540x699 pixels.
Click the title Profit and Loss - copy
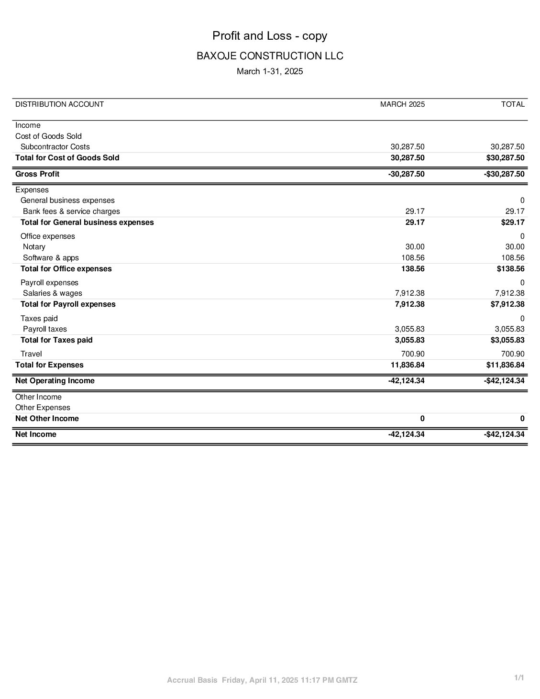[x=270, y=36]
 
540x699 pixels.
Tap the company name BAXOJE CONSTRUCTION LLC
[x=270, y=56]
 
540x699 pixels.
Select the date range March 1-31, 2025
[x=270, y=71]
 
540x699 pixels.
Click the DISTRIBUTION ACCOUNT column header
[x=59, y=104]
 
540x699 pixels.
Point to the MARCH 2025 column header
[x=402, y=104]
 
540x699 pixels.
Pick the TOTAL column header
[x=513, y=104]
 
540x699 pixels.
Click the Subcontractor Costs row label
[x=55, y=147]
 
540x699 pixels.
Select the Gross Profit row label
[x=37, y=174]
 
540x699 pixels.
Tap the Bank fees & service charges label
[x=71, y=211]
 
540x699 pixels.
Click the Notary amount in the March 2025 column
[x=415, y=247]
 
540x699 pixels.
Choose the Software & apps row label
[x=51, y=258]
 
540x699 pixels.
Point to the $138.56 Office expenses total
[x=510, y=269]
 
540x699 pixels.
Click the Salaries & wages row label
[x=52, y=293]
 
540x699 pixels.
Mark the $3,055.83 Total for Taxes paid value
[x=507, y=340]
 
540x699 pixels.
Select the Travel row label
[x=31, y=354]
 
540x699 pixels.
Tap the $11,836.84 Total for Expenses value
[x=505, y=365]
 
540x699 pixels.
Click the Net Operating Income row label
[x=55, y=381]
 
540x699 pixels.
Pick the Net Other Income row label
[x=47, y=419]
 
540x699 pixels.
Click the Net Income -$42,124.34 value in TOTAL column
[x=504, y=434]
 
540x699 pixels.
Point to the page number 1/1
[x=519, y=678]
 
